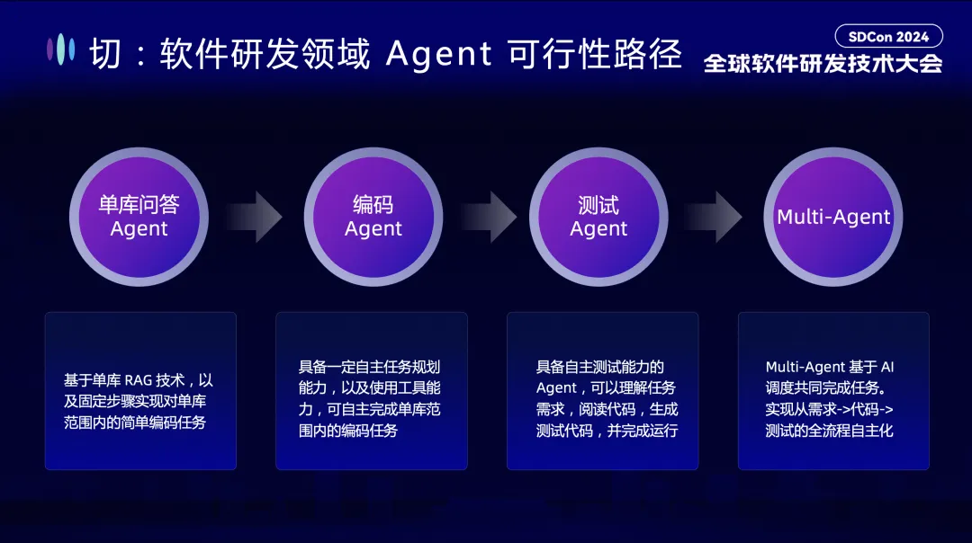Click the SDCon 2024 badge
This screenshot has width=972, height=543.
[x=888, y=36]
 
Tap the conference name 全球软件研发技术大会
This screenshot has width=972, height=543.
[x=823, y=64]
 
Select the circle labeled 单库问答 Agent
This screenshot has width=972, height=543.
[x=139, y=217]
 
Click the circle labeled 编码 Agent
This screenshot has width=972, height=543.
[x=373, y=217]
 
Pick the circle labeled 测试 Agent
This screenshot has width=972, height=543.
[x=598, y=217]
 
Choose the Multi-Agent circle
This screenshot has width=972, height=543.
[x=833, y=217]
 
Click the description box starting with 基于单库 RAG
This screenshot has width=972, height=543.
[x=140, y=391]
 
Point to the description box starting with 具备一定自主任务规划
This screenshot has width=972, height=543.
[x=372, y=391]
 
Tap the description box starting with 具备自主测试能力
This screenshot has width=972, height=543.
[x=603, y=391]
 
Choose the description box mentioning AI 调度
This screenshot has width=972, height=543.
[x=833, y=391]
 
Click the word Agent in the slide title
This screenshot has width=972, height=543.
[x=439, y=54]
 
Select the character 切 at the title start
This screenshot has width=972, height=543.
[x=105, y=55]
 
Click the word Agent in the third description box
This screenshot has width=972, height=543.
[x=556, y=388]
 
